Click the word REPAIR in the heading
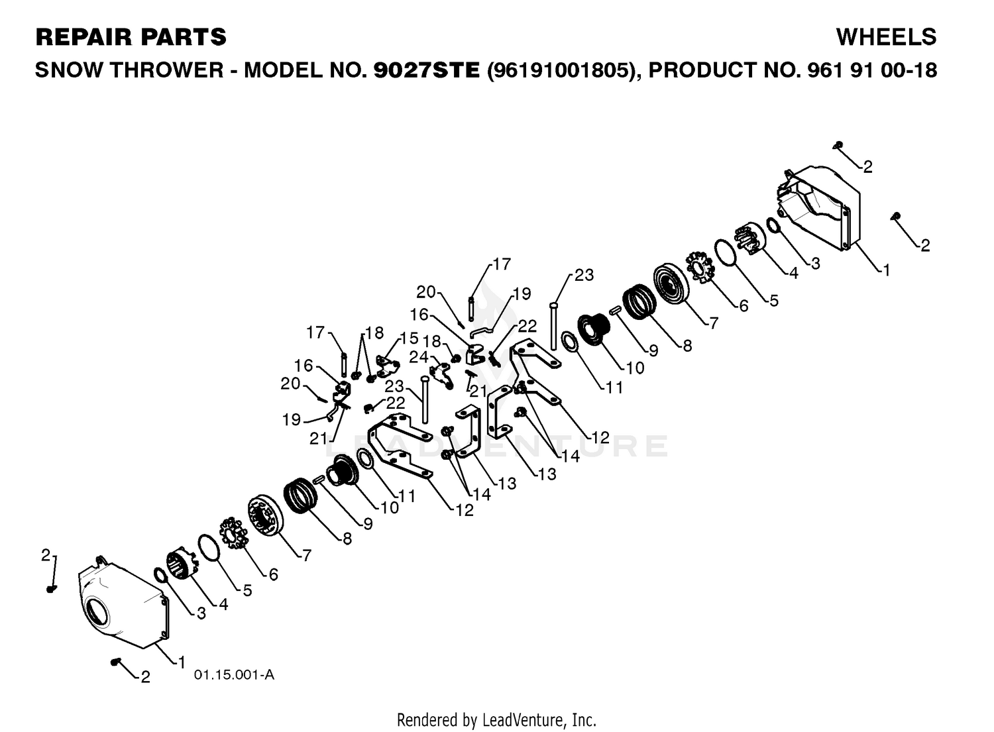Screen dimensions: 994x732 point(82,37)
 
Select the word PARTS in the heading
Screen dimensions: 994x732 point(180,37)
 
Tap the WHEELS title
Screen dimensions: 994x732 point(886,37)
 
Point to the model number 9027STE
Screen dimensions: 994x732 point(427,70)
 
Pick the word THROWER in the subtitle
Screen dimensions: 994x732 point(166,70)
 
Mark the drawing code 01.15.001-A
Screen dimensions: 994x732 point(234,675)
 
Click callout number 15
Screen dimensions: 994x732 point(409,339)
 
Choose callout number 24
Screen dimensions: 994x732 point(418,357)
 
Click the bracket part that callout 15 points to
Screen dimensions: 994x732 point(388,365)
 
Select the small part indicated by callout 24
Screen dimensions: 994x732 point(441,376)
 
